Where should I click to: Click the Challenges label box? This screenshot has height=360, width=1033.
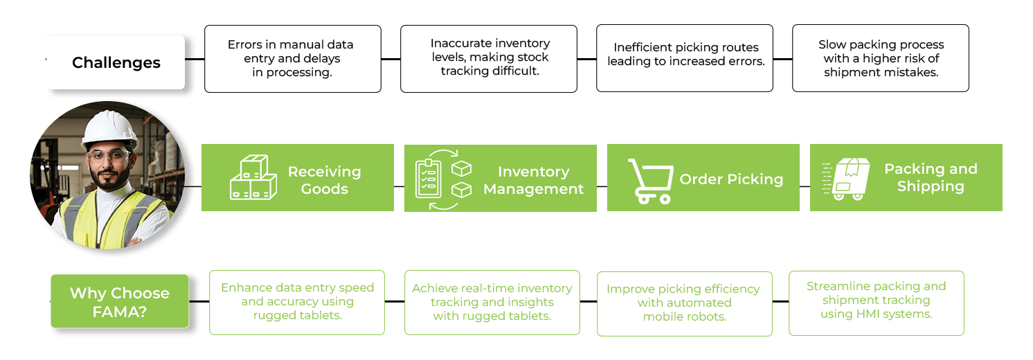click(116, 62)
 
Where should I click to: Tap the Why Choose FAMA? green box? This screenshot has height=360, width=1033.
click(119, 302)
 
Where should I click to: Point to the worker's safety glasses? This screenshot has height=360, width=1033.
click(109, 154)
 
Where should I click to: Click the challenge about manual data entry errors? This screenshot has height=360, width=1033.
click(292, 59)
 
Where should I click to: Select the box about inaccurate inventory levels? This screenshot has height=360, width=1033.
click(489, 59)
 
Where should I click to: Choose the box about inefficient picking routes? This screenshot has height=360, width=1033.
click(685, 59)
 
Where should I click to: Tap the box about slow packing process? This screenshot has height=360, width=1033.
click(880, 59)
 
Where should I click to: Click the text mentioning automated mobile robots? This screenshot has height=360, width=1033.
click(683, 303)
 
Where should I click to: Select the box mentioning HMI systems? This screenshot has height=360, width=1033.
click(876, 303)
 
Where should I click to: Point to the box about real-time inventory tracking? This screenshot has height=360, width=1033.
click(492, 303)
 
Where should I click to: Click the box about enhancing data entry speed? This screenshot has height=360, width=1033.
click(297, 303)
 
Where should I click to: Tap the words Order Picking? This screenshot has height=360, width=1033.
click(731, 179)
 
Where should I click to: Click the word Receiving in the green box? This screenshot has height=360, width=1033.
click(324, 171)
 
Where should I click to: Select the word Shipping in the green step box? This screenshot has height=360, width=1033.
click(931, 187)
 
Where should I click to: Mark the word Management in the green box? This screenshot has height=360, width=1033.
click(533, 189)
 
